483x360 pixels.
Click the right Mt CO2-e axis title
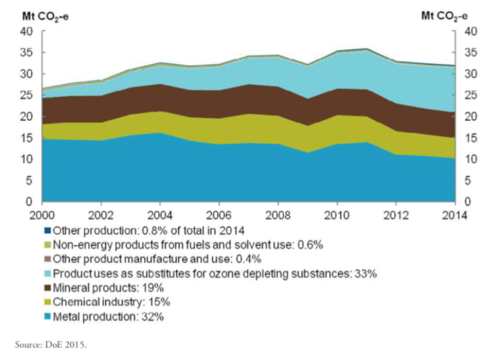click(x=446, y=15)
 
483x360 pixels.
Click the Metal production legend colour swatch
click(x=48, y=317)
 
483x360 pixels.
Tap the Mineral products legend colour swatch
click(x=48, y=288)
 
